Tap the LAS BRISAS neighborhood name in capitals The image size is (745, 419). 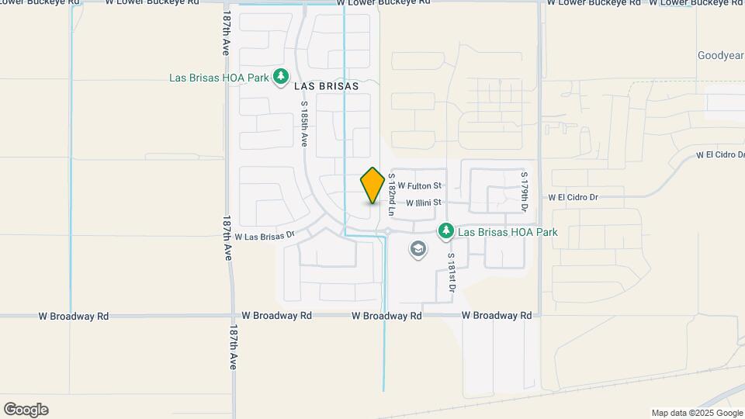[x=326, y=86]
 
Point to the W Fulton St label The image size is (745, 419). [x=420, y=186]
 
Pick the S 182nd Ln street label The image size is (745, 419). [x=393, y=194]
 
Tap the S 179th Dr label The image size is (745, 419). [x=525, y=192]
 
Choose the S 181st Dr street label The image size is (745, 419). [x=451, y=272]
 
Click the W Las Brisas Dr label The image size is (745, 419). [x=265, y=236]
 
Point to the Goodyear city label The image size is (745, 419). [x=720, y=56]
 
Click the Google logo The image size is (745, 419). [x=26, y=410]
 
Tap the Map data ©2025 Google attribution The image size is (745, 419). [x=697, y=413]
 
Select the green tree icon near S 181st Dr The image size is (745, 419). [x=445, y=231]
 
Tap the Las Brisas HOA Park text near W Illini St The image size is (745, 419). [x=508, y=232]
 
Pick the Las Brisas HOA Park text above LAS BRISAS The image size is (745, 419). [x=219, y=78]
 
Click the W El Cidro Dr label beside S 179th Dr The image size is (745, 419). [x=574, y=197]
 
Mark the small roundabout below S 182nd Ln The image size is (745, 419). [x=386, y=231]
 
